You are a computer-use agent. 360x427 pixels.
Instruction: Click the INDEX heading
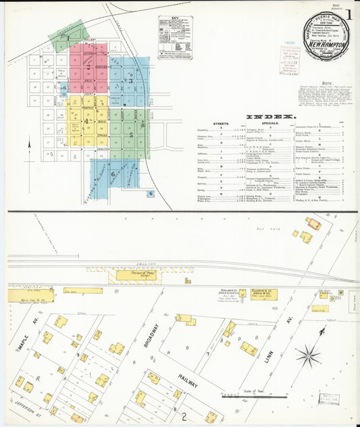[x=269, y=116]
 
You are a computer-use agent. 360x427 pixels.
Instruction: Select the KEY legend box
[x=175, y=38]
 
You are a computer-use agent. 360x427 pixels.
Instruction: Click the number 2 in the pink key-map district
[x=88, y=67]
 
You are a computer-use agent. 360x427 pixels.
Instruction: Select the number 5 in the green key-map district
[x=131, y=134]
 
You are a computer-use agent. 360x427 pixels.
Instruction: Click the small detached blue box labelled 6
[x=151, y=193]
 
